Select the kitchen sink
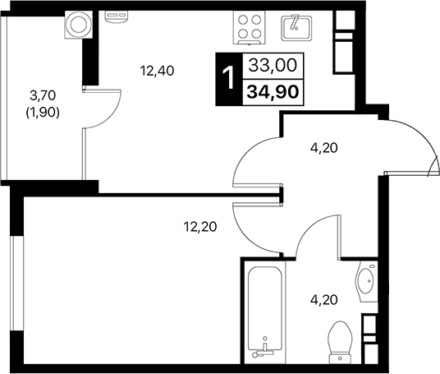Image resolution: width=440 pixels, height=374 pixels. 293,28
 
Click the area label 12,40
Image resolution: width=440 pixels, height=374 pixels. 158,71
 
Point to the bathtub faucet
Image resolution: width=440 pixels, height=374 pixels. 263,352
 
